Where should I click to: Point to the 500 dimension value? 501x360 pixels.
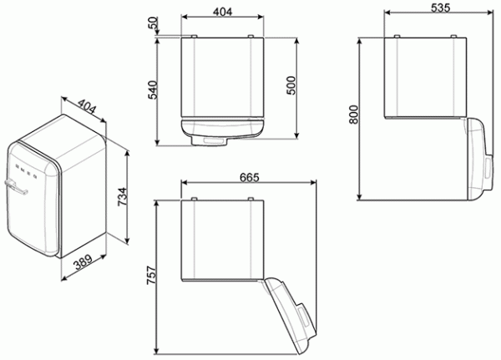[x=291, y=87]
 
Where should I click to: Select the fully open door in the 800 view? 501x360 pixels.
[x=476, y=159]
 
